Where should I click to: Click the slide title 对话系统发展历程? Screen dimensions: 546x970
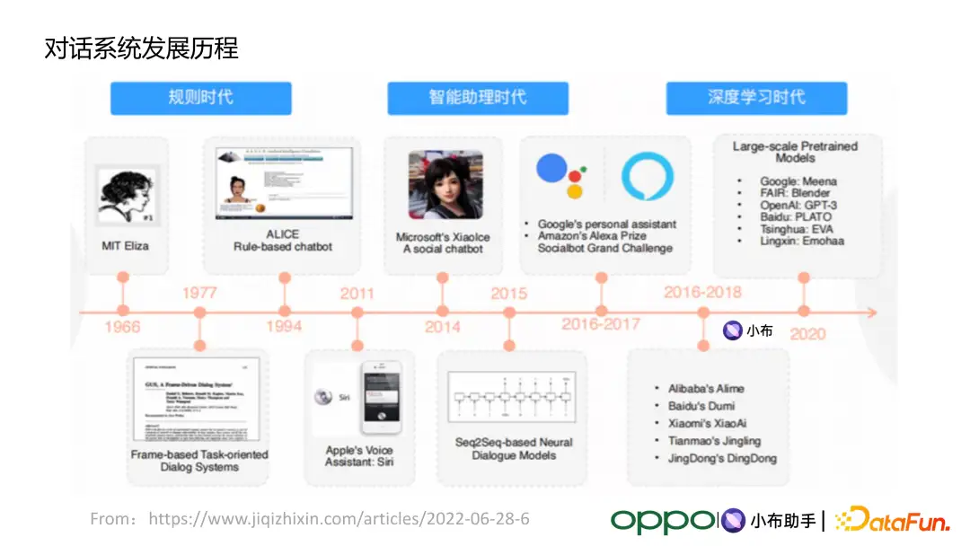[142, 48]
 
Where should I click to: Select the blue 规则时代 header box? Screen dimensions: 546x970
[201, 98]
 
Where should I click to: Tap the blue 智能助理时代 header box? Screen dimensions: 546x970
[478, 98]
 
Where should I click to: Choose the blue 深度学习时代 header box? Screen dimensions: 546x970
[756, 98]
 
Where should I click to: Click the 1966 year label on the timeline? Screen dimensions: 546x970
[122, 327]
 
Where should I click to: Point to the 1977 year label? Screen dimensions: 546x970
[199, 293]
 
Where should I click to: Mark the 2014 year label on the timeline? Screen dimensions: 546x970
[443, 327]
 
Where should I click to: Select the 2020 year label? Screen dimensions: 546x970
[807, 334]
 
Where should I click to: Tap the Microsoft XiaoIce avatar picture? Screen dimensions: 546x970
[445, 184]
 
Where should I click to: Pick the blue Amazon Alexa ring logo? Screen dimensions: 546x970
[648, 177]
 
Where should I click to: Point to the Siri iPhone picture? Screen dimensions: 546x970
[381, 397]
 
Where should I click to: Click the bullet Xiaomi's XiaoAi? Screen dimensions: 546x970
[708, 423]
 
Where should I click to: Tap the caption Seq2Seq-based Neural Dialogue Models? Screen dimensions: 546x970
[513, 449]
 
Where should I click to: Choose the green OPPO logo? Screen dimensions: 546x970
[663, 520]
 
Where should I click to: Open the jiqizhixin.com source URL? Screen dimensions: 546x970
[339, 519]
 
